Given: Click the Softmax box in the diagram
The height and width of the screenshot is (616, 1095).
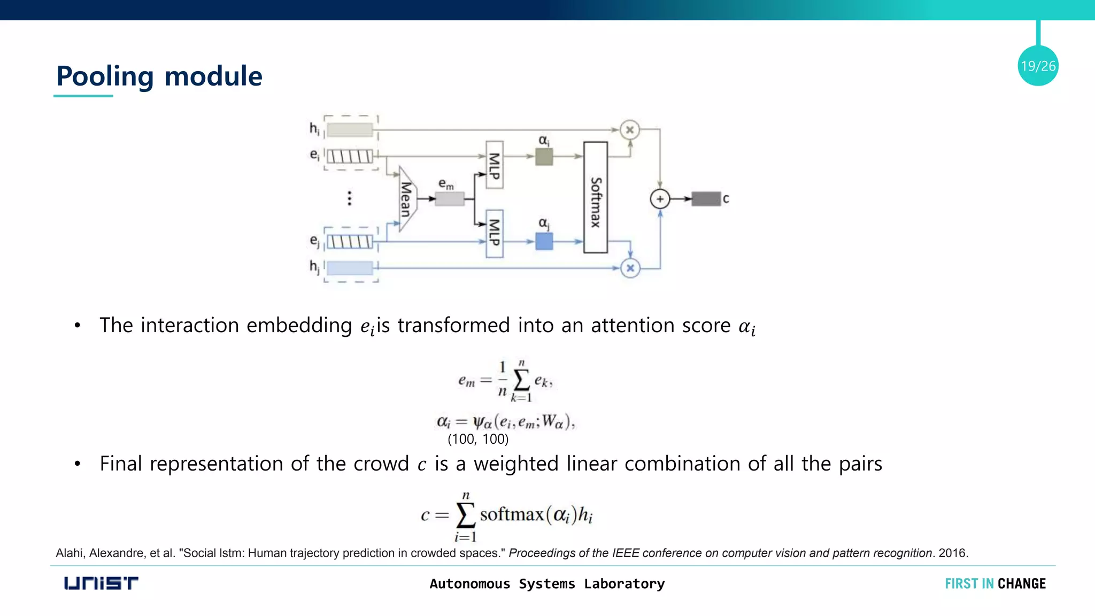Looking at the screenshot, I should (x=595, y=197).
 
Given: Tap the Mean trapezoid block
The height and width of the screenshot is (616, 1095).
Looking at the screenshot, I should (x=406, y=199).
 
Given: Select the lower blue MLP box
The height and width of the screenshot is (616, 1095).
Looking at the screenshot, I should (x=495, y=233).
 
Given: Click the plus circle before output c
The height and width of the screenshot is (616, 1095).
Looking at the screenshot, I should (x=660, y=199).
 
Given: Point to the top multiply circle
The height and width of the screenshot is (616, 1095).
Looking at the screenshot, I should (x=630, y=130).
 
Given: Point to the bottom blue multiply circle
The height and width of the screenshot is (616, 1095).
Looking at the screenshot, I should (x=630, y=268).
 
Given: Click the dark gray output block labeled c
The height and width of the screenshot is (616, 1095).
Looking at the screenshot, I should (x=706, y=199).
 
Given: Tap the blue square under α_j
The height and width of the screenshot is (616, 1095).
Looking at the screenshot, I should (x=544, y=241).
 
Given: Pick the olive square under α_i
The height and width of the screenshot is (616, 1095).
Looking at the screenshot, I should (x=544, y=157).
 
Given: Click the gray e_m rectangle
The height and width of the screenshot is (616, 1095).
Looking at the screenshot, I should (x=450, y=199).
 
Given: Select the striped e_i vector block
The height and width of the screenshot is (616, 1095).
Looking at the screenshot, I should (x=350, y=156).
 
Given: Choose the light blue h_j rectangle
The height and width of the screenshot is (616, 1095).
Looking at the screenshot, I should (x=350, y=267).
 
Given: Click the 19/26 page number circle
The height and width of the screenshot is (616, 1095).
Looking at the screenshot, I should (x=1038, y=66).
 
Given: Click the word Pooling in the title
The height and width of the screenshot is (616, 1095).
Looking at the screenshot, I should (x=105, y=76).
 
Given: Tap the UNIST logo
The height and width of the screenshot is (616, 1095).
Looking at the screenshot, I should (x=101, y=583).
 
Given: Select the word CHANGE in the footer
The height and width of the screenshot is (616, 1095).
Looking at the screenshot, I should (x=1021, y=583).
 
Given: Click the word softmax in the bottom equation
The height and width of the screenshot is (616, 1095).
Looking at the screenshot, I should (x=512, y=514).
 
